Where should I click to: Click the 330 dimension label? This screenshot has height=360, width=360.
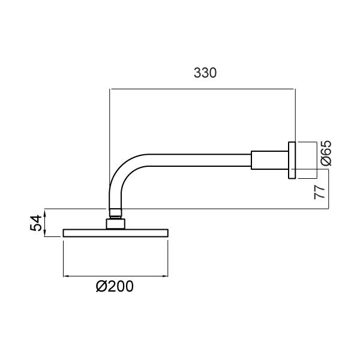click(x=205, y=73)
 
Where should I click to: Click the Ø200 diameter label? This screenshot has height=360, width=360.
click(x=115, y=287)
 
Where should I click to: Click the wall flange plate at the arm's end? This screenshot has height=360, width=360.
click(x=292, y=160)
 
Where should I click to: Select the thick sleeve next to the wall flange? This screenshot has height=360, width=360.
click(x=269, y=160)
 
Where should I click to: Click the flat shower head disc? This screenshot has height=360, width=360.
click(x=116, y=233)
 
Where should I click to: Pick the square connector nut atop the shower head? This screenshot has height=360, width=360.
click(x=116, y=224)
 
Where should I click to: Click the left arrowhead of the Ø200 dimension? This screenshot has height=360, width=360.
click(x=65, y=277)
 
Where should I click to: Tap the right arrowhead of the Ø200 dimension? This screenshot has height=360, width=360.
click(x=166, y=277)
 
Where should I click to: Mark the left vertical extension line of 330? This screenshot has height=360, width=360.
click(x=109, y=138)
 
